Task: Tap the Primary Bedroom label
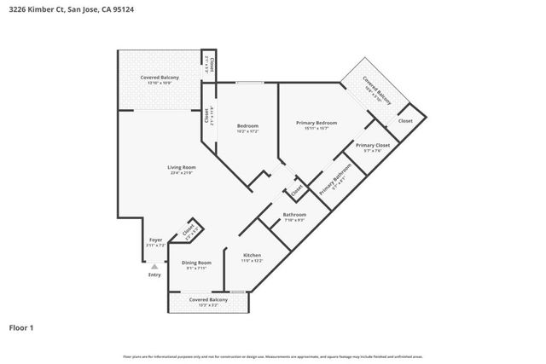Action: click(317, 124)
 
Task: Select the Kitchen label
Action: click(252, 256)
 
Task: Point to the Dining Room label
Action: click(198, 263)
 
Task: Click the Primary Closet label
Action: click(372, 146)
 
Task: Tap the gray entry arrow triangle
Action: click(154, 266)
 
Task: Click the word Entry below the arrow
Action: click(154, 274)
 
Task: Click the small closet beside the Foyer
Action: click(189, 229)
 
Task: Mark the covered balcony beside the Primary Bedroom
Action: click(376, 90)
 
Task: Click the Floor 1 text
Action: click(21, 326)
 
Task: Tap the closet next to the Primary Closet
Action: click(405, 122)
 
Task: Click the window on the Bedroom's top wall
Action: click(248, 83)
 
